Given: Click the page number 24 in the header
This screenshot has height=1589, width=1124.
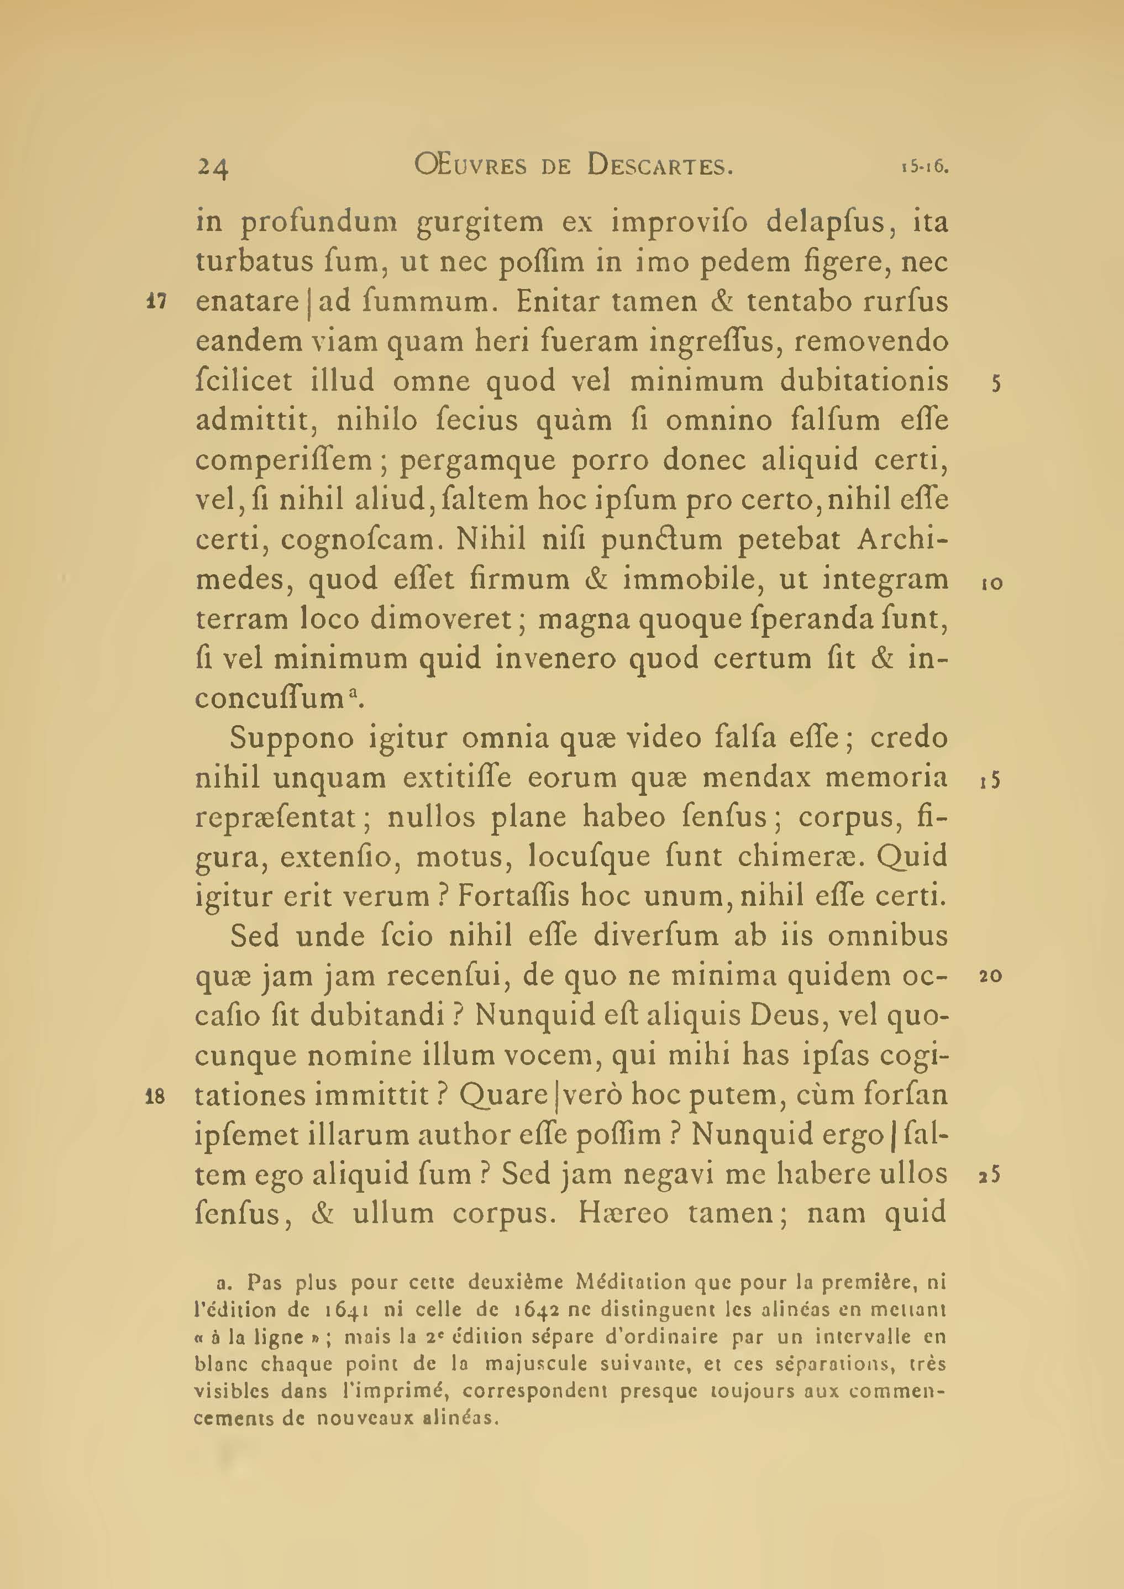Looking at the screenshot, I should pyautogui.click(x=213, y=167).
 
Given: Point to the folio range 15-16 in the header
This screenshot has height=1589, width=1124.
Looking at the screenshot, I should pyautogui.click(x=924, y=167).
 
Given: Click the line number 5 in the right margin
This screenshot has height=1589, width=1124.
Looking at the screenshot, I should pyautogui.click(x=996, y=384).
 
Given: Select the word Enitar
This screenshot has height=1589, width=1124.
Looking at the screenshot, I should pyautogui.click(x=560, y=302).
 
